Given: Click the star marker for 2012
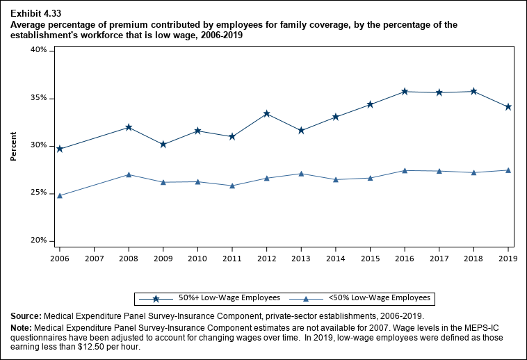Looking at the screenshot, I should click(266, 114).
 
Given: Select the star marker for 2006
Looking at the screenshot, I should click(60, 149).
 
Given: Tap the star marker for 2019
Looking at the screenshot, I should click(508, 107).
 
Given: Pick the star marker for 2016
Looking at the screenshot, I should click(405, 92).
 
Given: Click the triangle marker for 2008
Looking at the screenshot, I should click(129, 174).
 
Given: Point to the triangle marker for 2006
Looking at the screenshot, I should click(60, 195).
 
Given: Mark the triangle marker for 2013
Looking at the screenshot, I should click(301, 173).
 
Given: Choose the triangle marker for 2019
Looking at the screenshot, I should click(508, 170).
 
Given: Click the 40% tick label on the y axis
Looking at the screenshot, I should click(38, 50).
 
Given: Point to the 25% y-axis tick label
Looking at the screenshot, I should click(38, 193).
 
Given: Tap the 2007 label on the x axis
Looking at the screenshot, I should click(94, 259).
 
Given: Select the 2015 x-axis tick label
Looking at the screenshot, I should click(370, 259).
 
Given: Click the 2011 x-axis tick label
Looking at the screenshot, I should click(232, 259).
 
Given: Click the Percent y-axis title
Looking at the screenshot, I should click(13, 145).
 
